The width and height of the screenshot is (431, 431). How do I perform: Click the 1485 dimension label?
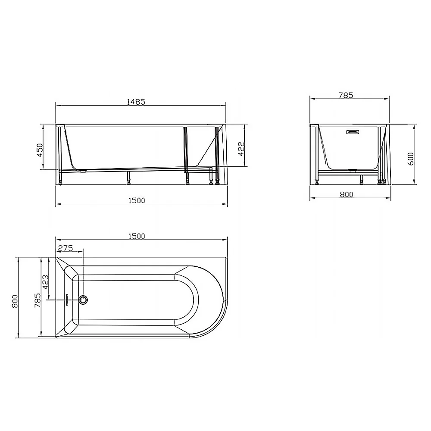tap(135, 102)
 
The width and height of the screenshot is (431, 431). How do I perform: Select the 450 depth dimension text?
tap(40, 150)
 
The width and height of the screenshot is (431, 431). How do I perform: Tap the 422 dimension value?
tap(241, 149)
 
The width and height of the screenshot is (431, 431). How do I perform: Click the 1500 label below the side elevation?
tap(136, 200)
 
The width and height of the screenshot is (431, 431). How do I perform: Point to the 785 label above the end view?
tap(346, 95)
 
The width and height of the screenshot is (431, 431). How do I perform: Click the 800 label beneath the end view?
tap(346, 194)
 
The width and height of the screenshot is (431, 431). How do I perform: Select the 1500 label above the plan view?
tap(136, 236)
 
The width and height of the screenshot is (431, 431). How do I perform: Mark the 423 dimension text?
tap(46, 283)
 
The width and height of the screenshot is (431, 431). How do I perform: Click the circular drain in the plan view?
tap(83, 300)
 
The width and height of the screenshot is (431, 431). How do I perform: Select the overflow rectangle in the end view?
tap(353, 132)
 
